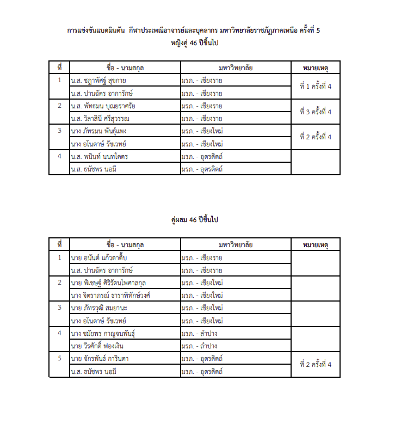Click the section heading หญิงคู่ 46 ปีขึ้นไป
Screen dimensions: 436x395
pos(197,43)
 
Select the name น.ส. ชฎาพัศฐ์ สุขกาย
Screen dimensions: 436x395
pos(98,81)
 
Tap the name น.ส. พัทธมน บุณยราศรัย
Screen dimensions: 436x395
pos(103,106)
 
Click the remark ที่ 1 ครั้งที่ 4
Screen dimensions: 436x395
pos(316,87)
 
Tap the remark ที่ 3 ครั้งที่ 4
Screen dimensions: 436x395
pos(316,112)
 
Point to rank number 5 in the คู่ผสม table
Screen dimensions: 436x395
pos(59,358)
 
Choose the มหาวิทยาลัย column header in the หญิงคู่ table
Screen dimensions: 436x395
pos(236,67)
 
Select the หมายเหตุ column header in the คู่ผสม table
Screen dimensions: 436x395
pos(316,244)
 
